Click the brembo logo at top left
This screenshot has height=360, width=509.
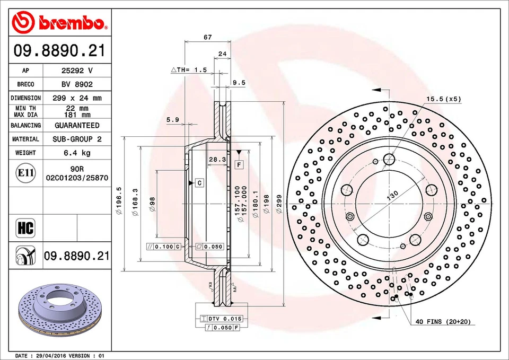coord(59,22)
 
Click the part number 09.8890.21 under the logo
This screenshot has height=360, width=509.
coord(59,51)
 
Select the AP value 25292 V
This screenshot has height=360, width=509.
coord(77,70)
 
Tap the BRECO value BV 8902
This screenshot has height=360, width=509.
coord(77,84)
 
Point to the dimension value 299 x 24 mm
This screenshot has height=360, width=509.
coord(77,98)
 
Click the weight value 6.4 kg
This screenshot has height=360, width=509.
coord(77,153)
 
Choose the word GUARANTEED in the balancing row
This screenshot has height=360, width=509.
coord(77,125)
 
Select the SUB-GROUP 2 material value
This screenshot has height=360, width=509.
coord(77,139)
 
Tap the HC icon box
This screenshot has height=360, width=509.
coord(25,229)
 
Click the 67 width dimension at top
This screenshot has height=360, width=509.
coord(208,37)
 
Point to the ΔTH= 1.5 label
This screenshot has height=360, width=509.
coord(188,70)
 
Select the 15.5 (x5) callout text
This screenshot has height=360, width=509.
coord(444,99)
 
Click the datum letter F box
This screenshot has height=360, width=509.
coord(239,165)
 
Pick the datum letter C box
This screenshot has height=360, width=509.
coord(199,183)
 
